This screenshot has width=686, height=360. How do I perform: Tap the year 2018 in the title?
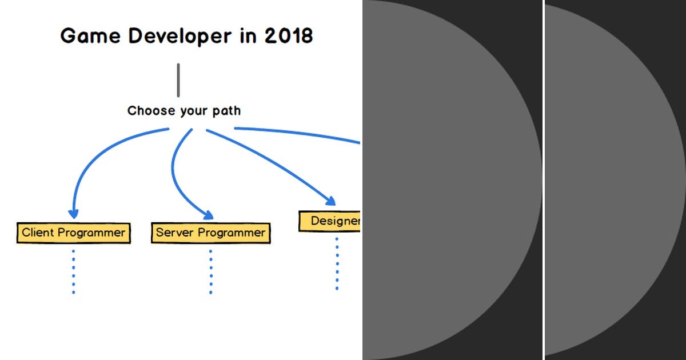click(x=289, y=36)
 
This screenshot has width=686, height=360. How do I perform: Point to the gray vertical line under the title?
click(x=178, y=80)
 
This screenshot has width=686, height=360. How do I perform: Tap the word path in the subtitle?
click(x=226, y=111)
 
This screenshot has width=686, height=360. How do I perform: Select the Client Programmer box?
click(x=74, y=233)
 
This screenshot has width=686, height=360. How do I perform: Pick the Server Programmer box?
click(x=210, y=233)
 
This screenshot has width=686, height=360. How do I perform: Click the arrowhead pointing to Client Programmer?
click(x=73, y=213)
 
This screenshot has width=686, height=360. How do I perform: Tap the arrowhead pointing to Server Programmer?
click(x=208, y=215)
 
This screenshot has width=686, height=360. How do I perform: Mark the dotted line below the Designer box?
click(x=337, y=264)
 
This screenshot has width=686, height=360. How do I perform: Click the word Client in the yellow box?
click(x=37, y=233)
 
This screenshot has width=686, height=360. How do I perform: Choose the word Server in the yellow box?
click(x=175, y=233)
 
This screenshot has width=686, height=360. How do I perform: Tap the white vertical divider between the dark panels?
click(x=544, y=180)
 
